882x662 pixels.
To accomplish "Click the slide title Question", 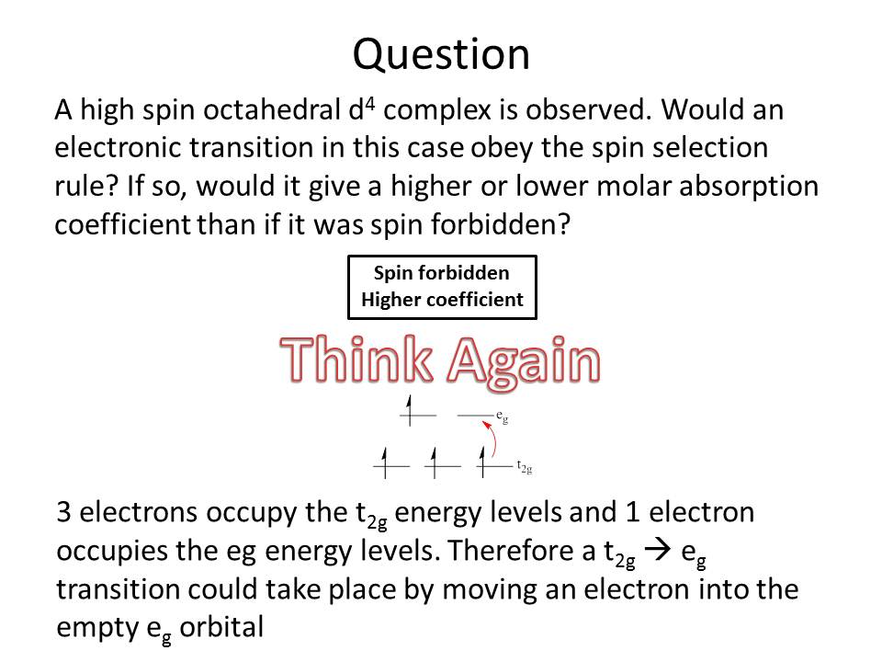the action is pos(441,54).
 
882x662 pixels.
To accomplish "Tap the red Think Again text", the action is pos(440,360).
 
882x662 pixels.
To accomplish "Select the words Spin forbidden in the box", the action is pos(442,273).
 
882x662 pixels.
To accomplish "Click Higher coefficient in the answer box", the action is pos(442,300).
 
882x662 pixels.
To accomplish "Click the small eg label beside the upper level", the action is pos(503,417).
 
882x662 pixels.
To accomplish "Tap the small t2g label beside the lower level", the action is pos(525,467).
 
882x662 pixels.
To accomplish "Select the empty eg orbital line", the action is pos(475,416).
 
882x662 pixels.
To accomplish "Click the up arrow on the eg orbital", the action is pos(410,410).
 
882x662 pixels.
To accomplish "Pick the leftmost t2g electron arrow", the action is pos(385,462).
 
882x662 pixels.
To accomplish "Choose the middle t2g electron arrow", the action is pos(435,462).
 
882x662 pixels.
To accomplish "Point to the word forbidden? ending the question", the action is pos(501,224).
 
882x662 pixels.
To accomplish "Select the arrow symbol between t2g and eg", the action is pos(658,550).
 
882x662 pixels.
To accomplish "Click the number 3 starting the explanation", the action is pos(63,512).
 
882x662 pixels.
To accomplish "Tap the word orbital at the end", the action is pos(221,627).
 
